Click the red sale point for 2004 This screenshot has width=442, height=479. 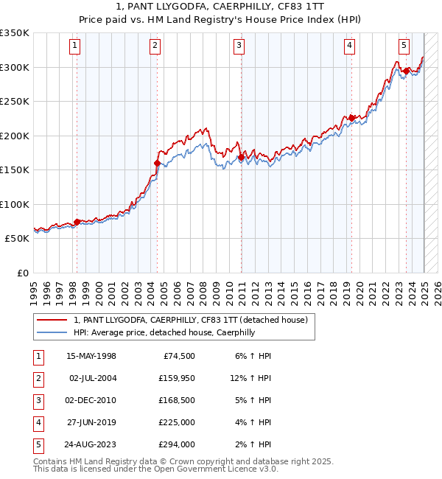pyautogui.click(x=157, y=163)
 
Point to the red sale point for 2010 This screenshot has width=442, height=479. pyautogui.click(x=241, y=157)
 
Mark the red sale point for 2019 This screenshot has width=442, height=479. pyautogui.click(x=352, y=118)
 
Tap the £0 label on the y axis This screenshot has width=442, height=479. pyautogui.click(x=22, y=273)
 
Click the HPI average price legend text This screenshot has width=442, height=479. pyautogui.click(x=164, y=332)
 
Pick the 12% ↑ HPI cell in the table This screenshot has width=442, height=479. pyautogui.click(x=250, y=378)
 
